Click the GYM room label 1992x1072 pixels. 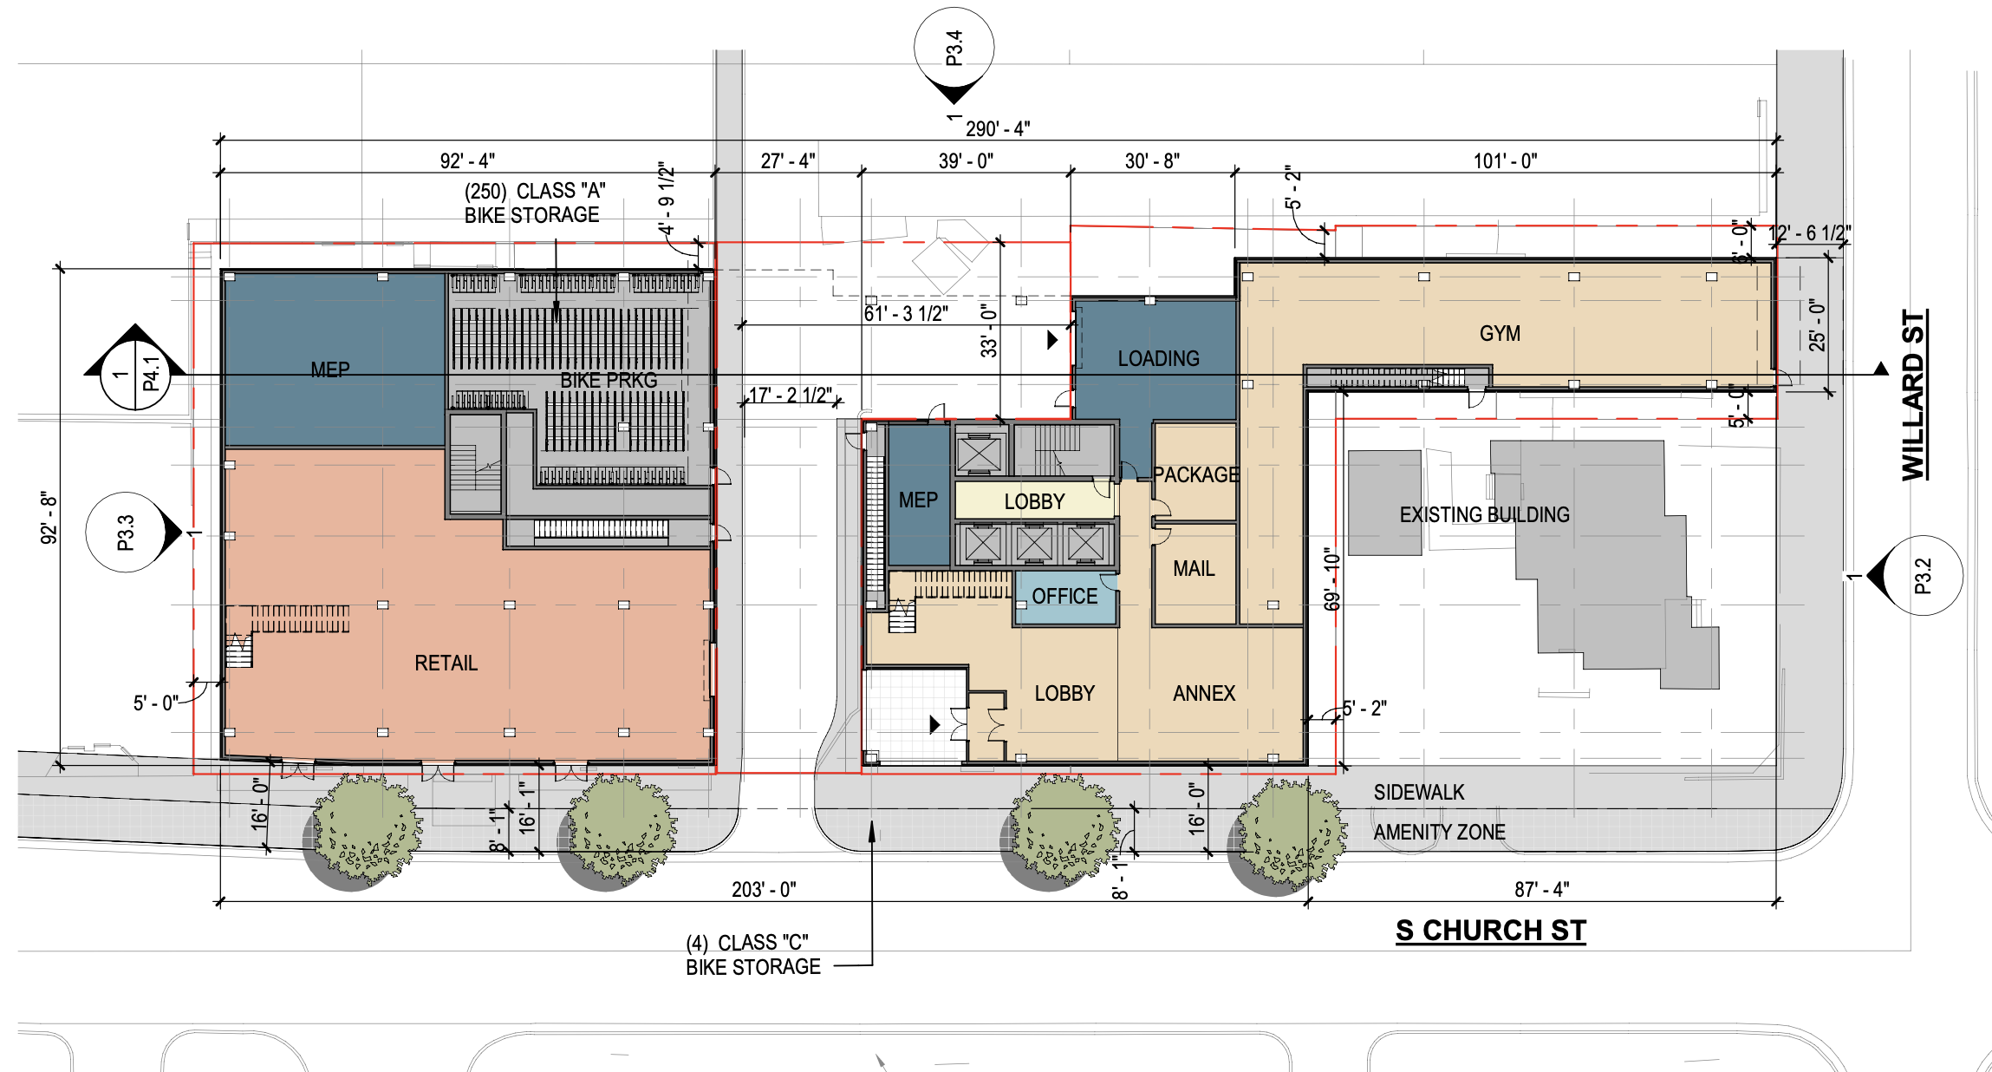(1500, 334)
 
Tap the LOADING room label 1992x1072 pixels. (1158, 358)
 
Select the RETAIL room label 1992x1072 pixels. (446, 663)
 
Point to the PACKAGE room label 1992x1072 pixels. (1195, 475)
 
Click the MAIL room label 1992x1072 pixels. (1194, 569)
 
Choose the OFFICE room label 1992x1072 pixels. (1064, 597)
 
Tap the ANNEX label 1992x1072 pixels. (1204, 694)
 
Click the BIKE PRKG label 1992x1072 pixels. (609, 381)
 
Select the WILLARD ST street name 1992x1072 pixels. (1913, 395)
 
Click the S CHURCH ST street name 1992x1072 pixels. (1491, 931)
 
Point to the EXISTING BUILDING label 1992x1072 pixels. (1484, 515)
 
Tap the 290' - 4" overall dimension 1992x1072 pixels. (998, 129)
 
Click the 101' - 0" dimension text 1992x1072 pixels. (1506, 161)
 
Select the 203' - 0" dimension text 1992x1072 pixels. (764, 890)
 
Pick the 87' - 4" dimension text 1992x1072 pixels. (1542, 890)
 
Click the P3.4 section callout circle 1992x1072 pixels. (954, 49)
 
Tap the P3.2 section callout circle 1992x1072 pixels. (1923, 576)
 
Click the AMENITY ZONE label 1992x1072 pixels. (1439, 833)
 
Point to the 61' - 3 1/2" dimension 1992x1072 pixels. (906, 314)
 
